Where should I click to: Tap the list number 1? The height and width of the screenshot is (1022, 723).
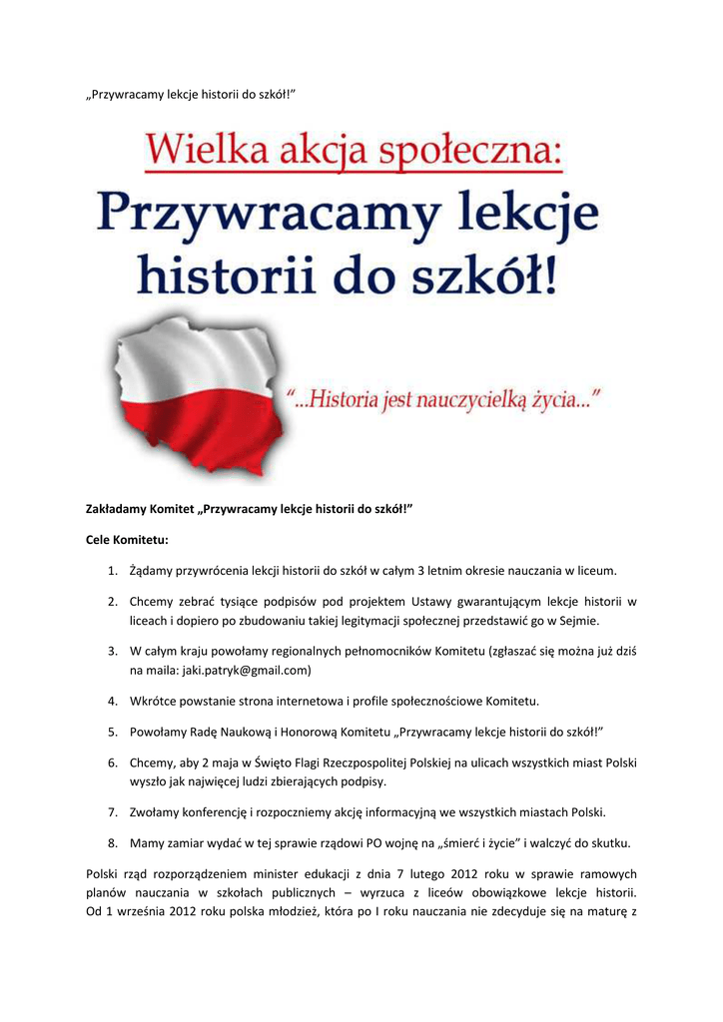coord(113,571)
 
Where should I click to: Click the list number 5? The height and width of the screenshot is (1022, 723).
coord(113,732)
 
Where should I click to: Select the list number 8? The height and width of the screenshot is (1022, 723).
coord(113,842)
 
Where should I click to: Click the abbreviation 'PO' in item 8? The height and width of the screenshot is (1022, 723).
coord(401,842)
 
